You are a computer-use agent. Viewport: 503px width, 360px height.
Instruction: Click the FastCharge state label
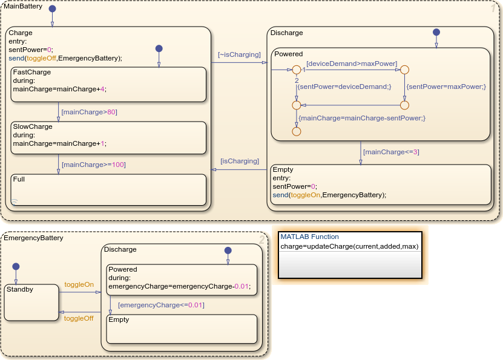(31, 71)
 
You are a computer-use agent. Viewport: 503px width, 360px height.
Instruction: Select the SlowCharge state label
(33, 126)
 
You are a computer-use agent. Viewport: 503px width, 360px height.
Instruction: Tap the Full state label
(19, 179)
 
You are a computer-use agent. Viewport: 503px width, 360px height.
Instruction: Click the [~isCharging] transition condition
(239, 54)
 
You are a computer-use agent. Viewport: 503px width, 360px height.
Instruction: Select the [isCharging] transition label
(239, 161)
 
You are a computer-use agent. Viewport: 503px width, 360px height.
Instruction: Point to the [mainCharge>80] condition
(89, 111)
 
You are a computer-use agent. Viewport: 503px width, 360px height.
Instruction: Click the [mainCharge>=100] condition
(93, 164)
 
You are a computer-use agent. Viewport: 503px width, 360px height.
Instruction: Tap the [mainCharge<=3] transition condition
(390, 152)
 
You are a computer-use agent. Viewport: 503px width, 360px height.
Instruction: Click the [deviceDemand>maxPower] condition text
(352, 63)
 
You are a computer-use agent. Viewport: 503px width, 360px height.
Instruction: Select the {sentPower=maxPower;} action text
(446, 87)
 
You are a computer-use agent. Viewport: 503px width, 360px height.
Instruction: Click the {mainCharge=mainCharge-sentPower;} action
(362, 118)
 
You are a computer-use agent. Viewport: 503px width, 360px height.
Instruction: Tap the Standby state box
(31, 303)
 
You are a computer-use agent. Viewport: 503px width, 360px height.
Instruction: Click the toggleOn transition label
(79, 284)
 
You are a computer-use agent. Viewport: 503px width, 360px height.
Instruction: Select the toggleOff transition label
(79, 318)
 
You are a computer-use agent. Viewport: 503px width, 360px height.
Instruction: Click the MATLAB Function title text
(309, 237)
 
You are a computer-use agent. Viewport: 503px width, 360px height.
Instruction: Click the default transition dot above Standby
(16, 266)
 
